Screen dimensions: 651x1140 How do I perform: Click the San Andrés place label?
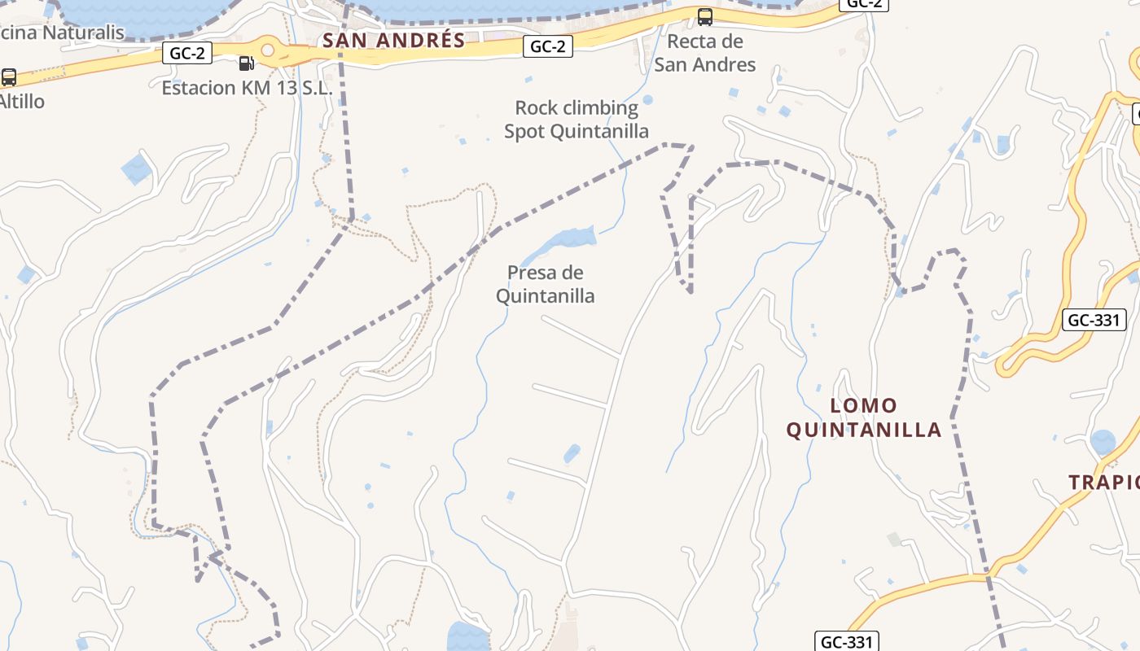point(394,40)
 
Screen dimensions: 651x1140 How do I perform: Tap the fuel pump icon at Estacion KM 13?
point(246,63)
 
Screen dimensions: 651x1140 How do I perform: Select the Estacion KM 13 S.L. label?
point(247,88)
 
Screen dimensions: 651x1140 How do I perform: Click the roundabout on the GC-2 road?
point(268,50)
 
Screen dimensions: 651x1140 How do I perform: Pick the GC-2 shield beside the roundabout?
point(187,54)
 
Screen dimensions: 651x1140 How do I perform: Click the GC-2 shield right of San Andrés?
point(547,47)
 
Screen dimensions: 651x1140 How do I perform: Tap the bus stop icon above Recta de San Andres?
point(705,16)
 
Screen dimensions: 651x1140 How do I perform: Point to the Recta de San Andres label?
point(705,53)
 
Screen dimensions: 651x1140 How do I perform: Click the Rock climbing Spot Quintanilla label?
point(577,120)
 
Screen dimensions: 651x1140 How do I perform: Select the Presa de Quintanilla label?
point(546,284)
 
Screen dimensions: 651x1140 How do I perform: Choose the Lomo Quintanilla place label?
point(864,417)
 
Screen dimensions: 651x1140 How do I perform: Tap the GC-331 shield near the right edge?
point(1094,320)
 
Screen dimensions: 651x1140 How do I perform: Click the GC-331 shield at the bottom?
point(847,642)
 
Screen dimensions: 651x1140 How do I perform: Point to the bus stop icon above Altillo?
point(9,77)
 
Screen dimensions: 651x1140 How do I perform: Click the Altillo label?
point(21,102)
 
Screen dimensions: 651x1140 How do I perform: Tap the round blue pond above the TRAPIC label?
point(1103,442)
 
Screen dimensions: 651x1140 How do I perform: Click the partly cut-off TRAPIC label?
point(1104,483)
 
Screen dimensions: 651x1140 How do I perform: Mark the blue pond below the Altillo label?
point(136,169)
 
